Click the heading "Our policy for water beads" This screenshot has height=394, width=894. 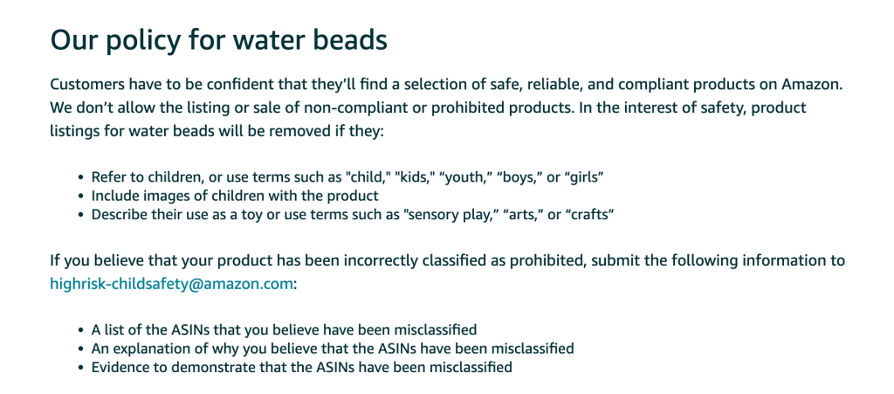219,41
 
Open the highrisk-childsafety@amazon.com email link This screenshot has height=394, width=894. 172,283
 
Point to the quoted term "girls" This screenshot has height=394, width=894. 581,176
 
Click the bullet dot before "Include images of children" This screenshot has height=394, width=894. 80,197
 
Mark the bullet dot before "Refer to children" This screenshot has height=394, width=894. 80,177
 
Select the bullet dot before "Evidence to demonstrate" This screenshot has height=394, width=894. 80,367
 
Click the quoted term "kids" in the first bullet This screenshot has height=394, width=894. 413,176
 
